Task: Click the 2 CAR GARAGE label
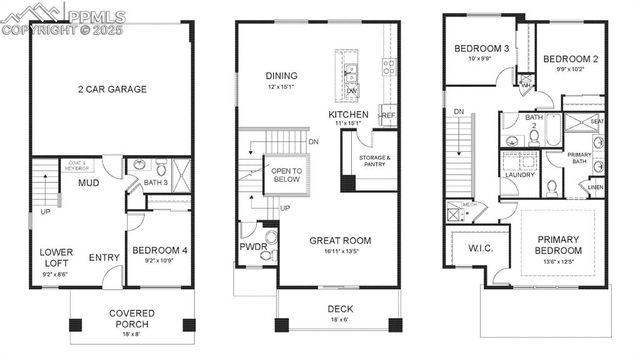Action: click(112, 89)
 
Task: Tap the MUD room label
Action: click(89, 184)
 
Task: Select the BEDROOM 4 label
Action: click(160, 250)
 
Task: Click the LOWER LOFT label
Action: click(56, 257)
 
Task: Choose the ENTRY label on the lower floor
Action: click(103, 258)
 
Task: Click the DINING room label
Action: click(281, 75)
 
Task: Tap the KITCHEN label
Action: click(348, 115)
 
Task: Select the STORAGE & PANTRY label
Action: click(374, 161)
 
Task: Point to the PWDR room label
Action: click(251, 246)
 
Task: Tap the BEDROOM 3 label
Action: click(482, 49)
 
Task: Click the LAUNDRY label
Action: click(519, 175)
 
